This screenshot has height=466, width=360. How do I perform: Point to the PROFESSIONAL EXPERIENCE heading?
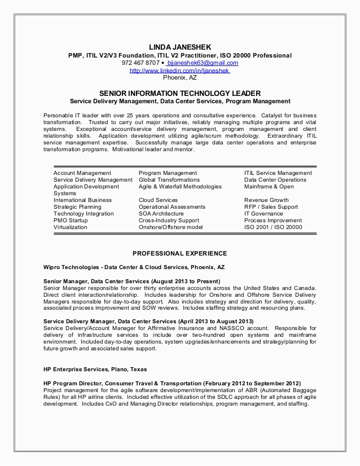(x=179, y=253)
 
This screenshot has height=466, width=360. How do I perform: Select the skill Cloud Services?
(x=158, y=200)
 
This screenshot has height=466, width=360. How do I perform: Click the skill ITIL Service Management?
(x=278, y=173)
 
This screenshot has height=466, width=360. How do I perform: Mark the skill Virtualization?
(x=71, y=227)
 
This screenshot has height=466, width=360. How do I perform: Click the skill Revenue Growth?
(x=266, y=200)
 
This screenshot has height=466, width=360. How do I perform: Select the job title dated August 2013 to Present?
(x=131, y=281)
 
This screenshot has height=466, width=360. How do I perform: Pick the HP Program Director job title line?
(x=172, y=382)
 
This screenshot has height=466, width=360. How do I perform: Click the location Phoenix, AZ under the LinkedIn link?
(x=179, y=78)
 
